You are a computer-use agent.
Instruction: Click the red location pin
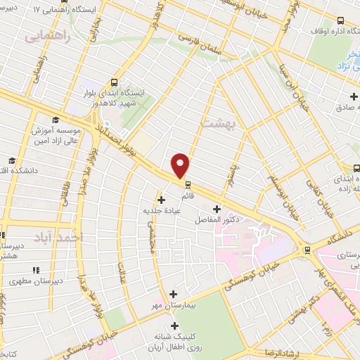[181, 165]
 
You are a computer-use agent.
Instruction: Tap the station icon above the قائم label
[188, 186]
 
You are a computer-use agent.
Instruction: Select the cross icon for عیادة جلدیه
[162, 200]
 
